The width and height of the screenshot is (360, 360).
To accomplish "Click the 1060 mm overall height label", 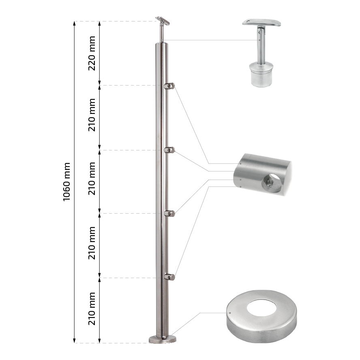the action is [x=66, y=182].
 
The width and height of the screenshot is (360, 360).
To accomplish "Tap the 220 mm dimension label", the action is [x=92, y=53].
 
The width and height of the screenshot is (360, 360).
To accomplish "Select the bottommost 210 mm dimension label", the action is [x=92, y=309].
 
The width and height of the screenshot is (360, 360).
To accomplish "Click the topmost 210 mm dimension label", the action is [x=92, y=115].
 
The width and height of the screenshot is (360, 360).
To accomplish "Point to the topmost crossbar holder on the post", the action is [x=169, y=86].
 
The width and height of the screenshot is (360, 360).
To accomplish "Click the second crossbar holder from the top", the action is [x=169, y=150].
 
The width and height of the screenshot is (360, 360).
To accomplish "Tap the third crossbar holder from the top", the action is [x=169, y=214].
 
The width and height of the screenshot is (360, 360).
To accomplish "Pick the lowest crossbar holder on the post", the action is [x=169, y=277].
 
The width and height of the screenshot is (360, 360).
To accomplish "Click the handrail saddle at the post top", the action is [x=163, y=21].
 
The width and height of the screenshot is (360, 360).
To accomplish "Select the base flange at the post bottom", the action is [x=163, y=339].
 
